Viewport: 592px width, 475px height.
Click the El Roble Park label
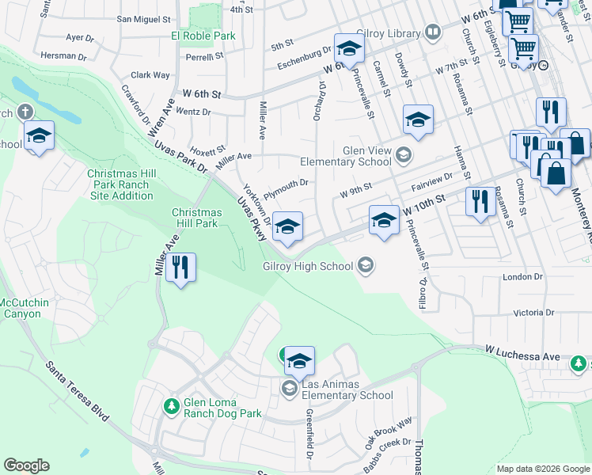coord(203,36)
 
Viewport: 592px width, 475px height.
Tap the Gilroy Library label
coord(388,32)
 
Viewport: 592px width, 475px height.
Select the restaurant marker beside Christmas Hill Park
coord(181,269)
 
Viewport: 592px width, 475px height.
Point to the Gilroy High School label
coord(308,267)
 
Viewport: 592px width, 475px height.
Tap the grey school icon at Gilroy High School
coord(366,265)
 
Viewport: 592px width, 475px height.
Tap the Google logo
coord(26,465)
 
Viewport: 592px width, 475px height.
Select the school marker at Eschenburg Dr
coord(347,50)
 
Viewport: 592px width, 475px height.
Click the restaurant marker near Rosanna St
coord(480,203)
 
